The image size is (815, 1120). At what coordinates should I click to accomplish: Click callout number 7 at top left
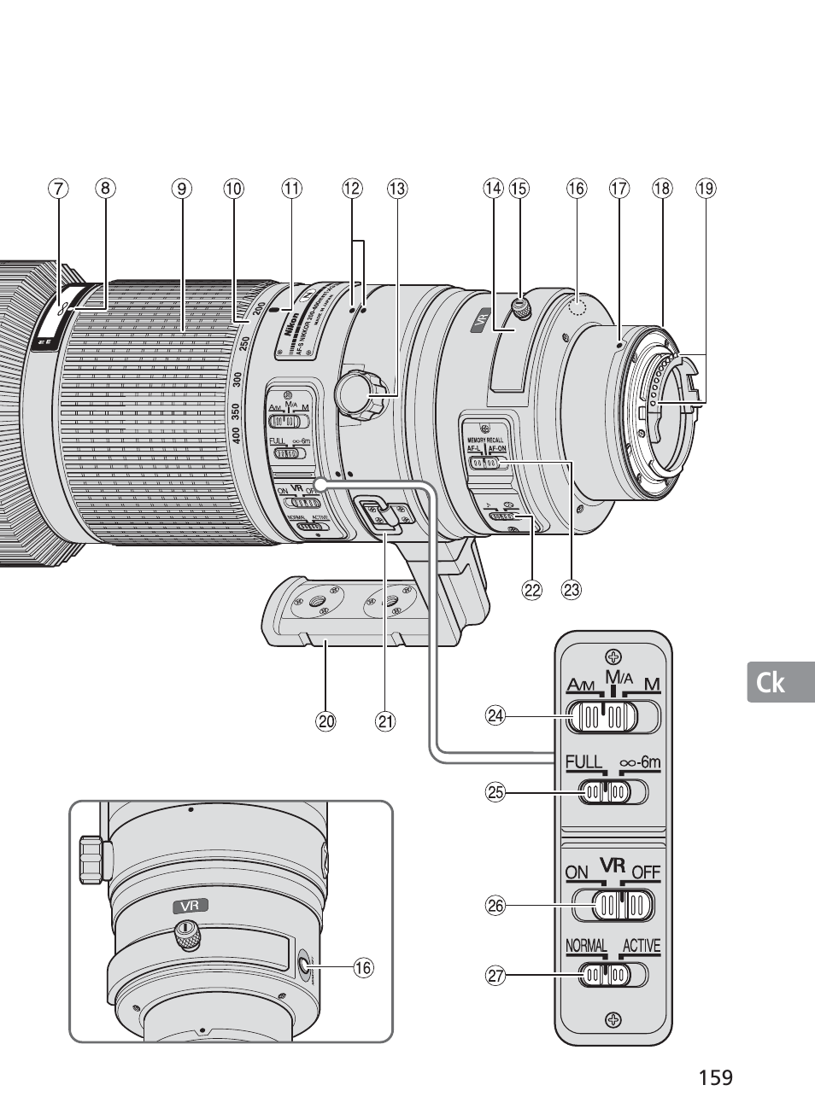point(57,188)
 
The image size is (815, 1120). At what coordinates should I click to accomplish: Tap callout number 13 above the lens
point(396,188)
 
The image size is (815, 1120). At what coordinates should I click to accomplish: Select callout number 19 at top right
point(705,188)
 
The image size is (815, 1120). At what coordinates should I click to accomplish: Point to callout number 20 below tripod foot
point(325,720)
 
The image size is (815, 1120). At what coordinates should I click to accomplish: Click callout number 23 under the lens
point(571,589)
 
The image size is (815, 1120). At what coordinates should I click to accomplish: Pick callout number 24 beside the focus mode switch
point(495,715)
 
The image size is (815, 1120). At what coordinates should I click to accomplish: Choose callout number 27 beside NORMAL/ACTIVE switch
point(495,974)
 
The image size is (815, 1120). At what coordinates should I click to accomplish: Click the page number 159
point(715,1077)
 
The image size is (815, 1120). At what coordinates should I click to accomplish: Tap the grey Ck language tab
point(770,682)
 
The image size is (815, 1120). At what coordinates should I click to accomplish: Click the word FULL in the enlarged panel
point(584,762)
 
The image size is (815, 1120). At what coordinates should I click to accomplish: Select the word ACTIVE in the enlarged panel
point(642,946)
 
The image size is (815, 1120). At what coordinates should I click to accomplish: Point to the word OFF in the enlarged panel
point(646,872)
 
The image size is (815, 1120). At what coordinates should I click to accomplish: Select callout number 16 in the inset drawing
point(363,967)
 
